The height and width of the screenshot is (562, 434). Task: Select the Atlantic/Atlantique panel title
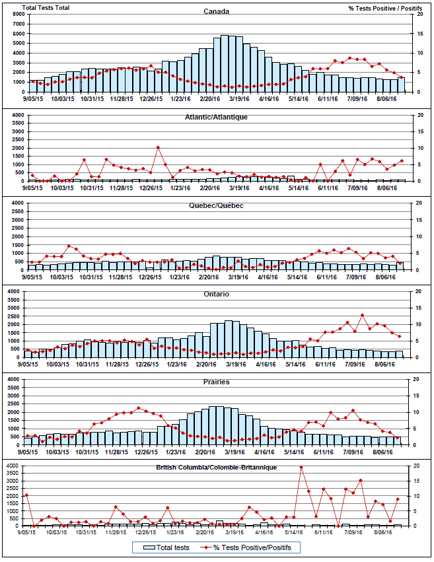tap(216, 117)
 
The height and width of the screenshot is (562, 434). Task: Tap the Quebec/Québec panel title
tap(216, 205)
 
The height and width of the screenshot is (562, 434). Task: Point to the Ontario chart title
tap(216, 294)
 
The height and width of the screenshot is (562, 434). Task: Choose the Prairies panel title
tap(216, 382)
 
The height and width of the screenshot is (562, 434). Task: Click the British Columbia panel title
tap(216, 467)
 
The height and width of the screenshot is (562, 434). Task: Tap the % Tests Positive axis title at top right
tap(380, 8)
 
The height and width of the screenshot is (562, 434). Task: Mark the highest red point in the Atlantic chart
tap(159, 147)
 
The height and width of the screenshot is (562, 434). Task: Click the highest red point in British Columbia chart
tap(301, 468)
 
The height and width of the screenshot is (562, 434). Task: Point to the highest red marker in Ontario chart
tap(362, 315)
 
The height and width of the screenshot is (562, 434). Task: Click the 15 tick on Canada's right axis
tap(415, 33)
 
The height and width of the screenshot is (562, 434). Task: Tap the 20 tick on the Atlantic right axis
tap(415, 115)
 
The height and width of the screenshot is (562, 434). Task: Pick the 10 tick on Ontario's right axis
tap(415, 324)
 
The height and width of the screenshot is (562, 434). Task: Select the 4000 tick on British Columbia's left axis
tap(15, 466)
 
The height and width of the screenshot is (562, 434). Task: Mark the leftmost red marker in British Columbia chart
tap(26, 495)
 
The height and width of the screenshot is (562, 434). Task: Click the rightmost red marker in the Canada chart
tap(401, 78)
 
